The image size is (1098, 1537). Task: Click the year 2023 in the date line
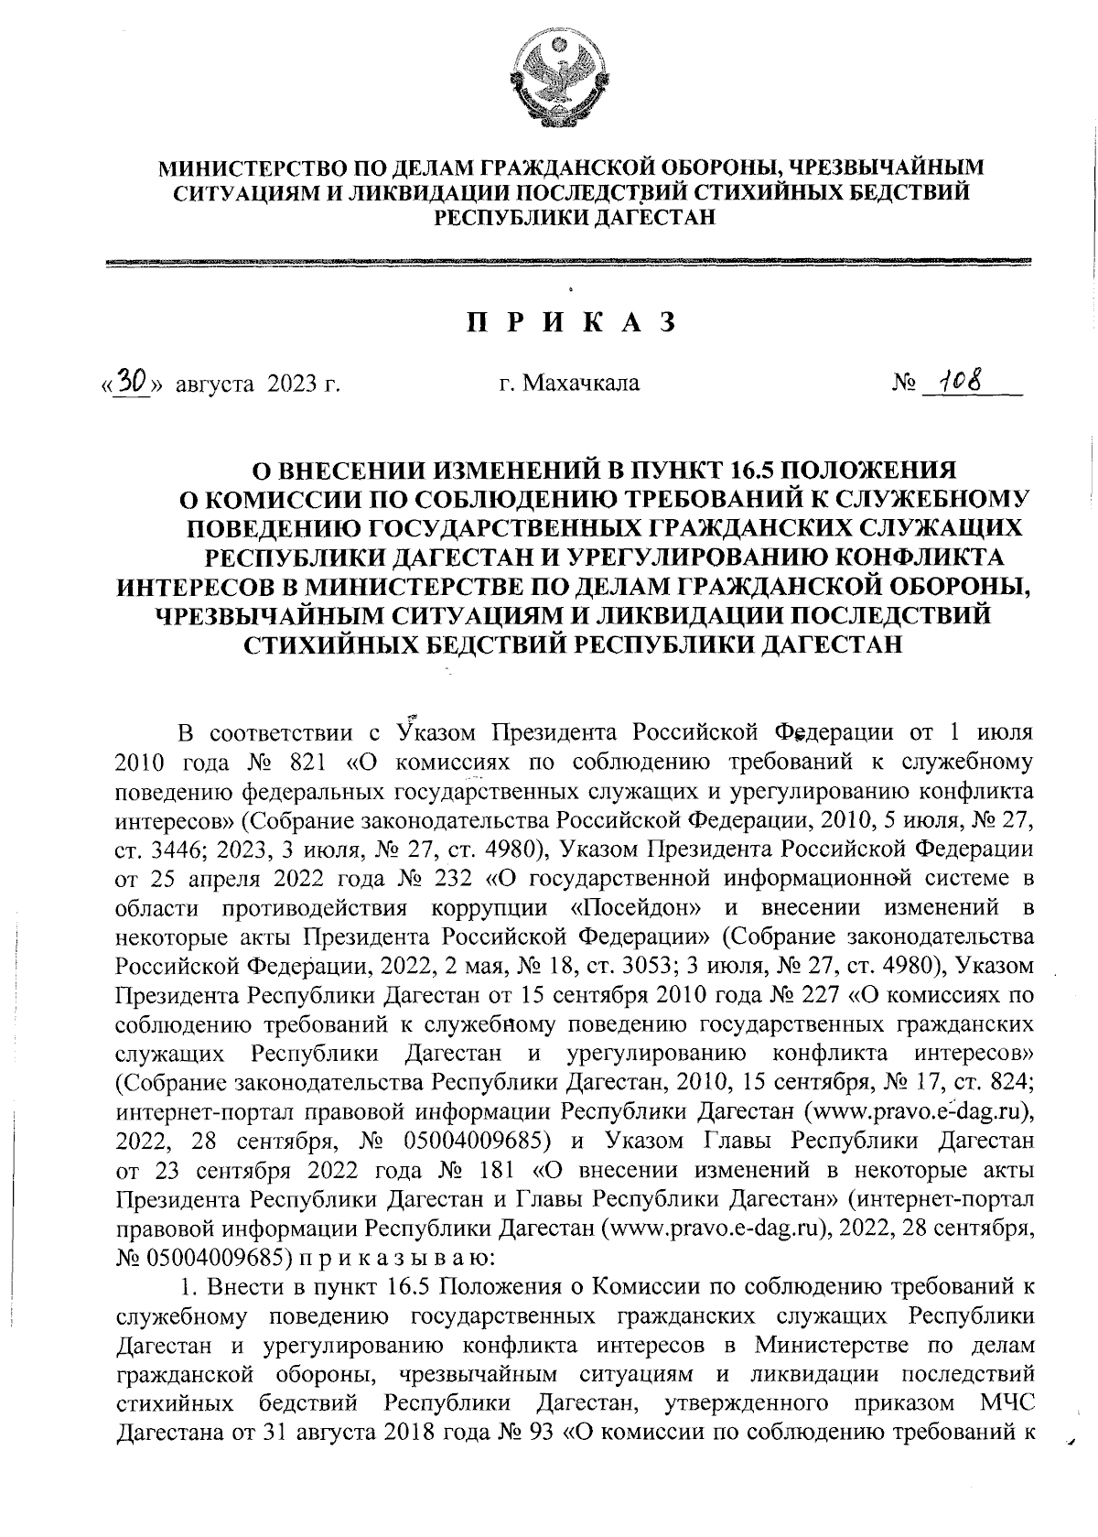(291, 383)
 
